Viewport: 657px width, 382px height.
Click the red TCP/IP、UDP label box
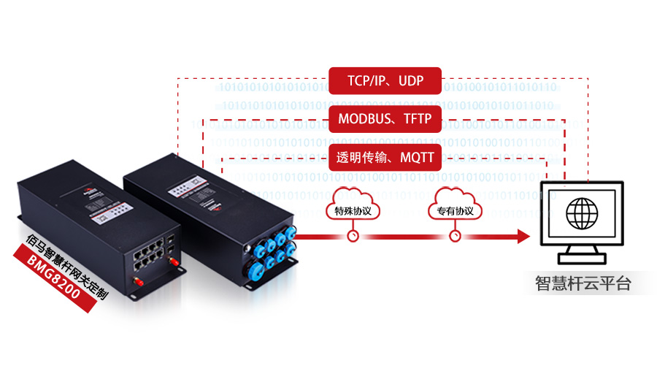coord(385,80)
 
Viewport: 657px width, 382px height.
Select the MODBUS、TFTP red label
coord(385,118)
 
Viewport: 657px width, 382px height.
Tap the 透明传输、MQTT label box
coord(385,157)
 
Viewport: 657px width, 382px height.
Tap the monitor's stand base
coord(581,258)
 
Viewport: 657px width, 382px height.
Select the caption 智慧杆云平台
coord(583,283)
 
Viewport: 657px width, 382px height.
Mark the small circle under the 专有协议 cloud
coord(456,236)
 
